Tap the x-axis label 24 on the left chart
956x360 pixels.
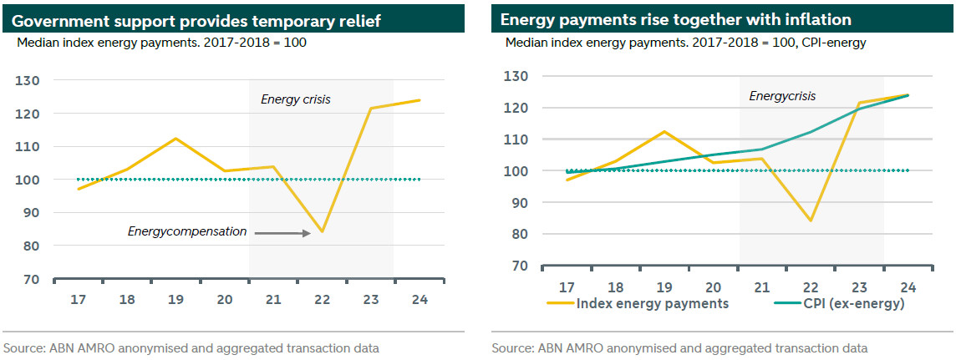(x=420, y=299)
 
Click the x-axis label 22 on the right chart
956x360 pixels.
(x=810, y=286)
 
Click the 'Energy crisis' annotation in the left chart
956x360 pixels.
(x=296, y=99)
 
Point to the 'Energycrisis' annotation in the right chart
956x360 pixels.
(x=782, y=96)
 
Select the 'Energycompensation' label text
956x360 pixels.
(x=187, y=231)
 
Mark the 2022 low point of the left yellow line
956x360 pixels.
(x=322, y=231)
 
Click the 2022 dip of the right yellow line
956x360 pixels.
(x=810, y=221)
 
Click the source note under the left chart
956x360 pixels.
(x=191, y=347)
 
